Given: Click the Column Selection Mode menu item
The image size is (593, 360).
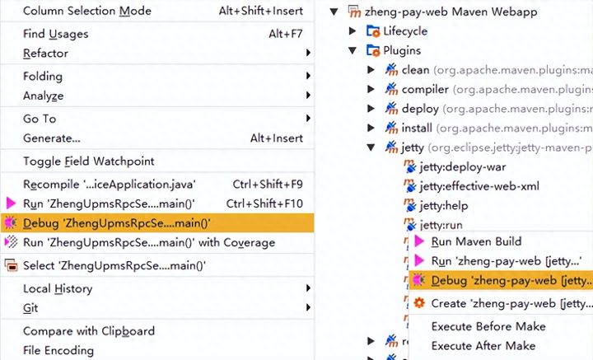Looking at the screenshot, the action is tap(86, 11).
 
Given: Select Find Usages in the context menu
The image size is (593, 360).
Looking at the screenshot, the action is tap(55, 34).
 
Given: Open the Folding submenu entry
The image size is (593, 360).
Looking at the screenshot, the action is tap(43, 76).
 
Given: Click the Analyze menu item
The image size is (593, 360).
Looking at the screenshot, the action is tap(43, 96).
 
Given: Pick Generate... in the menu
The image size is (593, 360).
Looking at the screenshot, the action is tap(51, 138).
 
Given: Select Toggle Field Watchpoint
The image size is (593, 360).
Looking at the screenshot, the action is tap(88, 161).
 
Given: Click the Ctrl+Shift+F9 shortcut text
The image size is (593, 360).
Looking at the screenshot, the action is tap(267, 184).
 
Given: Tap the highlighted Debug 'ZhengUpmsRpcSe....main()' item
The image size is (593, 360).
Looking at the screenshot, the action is tap(116, 222).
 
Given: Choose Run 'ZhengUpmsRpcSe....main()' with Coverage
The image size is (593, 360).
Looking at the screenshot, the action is tap(149, 242).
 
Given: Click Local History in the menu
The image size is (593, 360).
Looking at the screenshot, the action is tap(58, 288).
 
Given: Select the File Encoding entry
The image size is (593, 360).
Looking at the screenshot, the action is tap(58, 351).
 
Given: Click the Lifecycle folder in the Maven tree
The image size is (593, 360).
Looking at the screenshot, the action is tap(405, 31).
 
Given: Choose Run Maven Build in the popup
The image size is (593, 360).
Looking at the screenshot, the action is tap(476, 241).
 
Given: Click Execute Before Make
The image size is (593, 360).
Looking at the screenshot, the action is tap(488, 326).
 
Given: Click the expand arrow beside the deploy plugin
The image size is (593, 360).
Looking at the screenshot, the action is tap(371, 109).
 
